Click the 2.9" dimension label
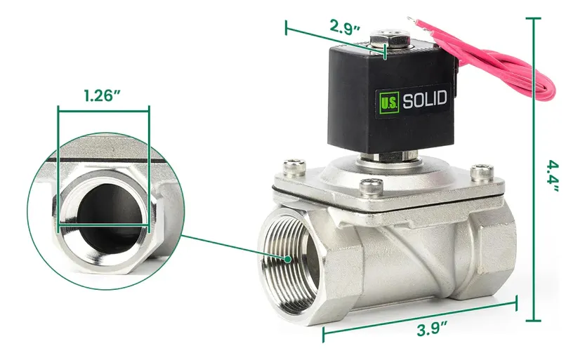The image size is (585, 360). (x=345, y=28)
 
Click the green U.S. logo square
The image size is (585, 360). (x=389, y=100)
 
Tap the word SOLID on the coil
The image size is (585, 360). (x=424, y=100)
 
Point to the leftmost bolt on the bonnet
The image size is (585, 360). (x=290, y=167)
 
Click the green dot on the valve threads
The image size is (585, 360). (x=289, y=259)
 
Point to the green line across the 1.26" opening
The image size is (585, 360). (x=103, y=225)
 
